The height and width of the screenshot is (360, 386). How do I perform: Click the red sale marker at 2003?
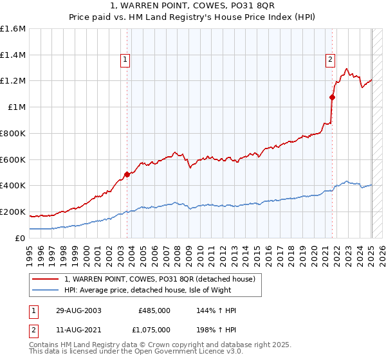point(127,174)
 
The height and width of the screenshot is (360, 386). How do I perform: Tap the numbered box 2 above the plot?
point(330,60)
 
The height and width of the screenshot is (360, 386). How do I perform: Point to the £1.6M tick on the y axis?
point(13,29)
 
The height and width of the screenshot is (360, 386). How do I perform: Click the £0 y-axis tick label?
point(21,238)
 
